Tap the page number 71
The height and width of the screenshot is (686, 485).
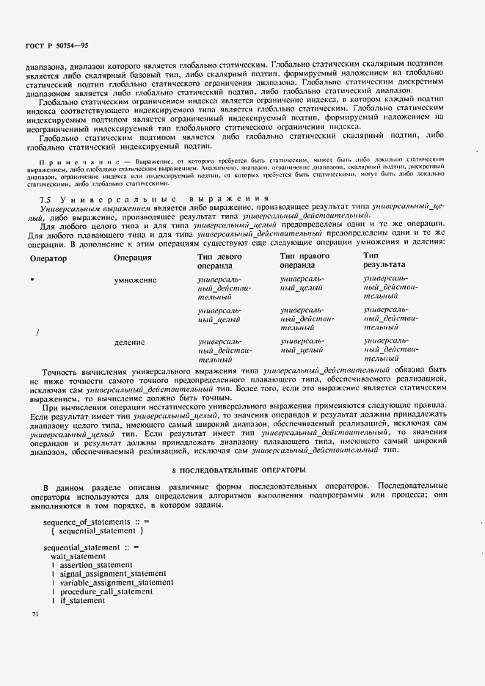[x=34, y=613]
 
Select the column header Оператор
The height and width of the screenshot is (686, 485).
[x=48, y=258]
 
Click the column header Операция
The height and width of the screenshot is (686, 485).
[x=133, y=258]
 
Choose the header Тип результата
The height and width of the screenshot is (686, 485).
[x=383, y=262]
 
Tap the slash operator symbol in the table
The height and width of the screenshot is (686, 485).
[x=37, y=332]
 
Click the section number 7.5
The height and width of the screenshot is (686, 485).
[x=44, y=200]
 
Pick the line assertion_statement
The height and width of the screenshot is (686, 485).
[x=96, y=566]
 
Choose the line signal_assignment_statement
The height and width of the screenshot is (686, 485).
[x=113, y=574]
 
